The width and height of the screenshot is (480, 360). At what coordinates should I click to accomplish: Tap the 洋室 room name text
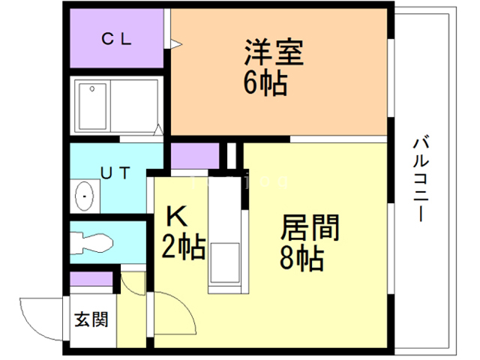coord(273,53)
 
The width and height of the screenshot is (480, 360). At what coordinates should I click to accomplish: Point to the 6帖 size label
coord(265,83)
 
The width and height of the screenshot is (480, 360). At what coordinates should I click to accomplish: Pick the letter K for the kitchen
coord(177,217)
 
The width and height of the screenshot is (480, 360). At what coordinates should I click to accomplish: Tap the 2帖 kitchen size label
coord(184,246)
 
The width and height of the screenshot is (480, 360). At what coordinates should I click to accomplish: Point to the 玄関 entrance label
coord(91,319)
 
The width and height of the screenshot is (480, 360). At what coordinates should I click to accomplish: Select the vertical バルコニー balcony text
coord(421,177)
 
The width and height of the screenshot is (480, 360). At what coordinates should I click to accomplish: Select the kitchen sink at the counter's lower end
coord(224,263)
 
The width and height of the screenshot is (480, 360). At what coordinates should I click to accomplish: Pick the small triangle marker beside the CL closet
coord(175,47)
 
